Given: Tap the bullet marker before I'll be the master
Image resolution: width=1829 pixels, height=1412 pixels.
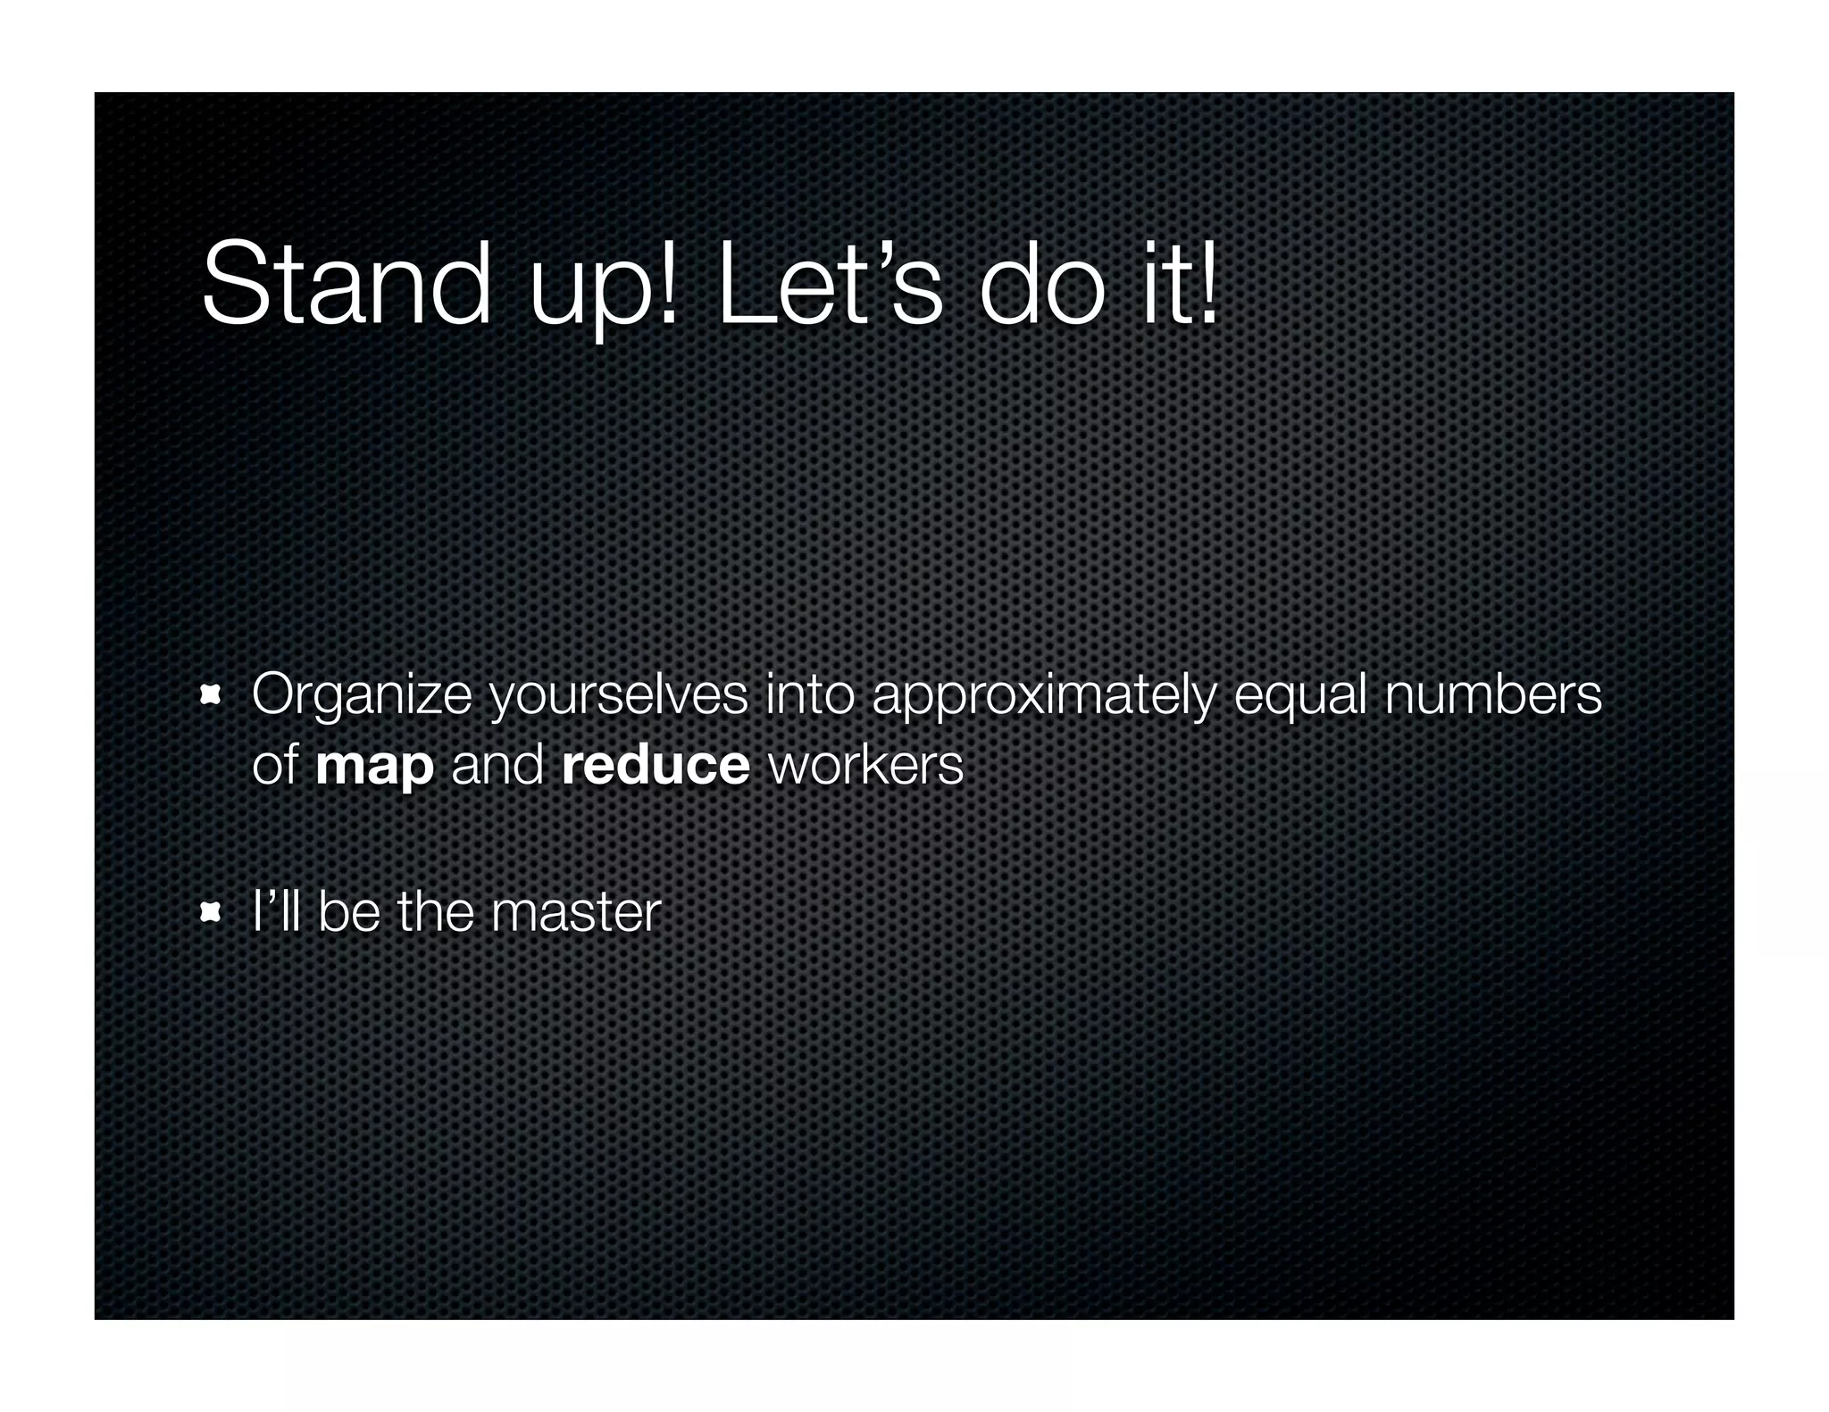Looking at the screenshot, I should tap(211, 912).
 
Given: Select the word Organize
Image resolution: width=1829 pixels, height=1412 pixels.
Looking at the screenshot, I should tap(362, 696).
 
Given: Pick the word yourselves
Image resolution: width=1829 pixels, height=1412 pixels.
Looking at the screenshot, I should tap(619, 696).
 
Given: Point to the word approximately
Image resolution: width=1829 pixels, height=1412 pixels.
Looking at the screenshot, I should tap(1044, 696).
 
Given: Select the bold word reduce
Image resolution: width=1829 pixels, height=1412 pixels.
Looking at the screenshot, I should tap(656, 766).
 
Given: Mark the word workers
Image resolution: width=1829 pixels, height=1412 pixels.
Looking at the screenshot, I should tap(865, 766).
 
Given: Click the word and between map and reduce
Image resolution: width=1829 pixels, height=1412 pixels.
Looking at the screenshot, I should tap(497, 766).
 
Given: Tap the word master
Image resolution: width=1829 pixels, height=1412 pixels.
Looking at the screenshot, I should tap(576, 912).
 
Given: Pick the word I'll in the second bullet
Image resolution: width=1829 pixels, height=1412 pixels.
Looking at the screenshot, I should tap(276, 912).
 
